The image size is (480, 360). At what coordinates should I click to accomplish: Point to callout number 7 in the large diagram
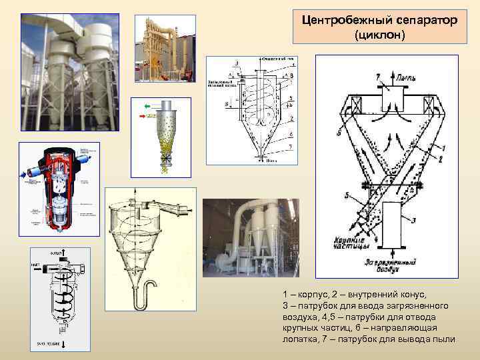point(377,79)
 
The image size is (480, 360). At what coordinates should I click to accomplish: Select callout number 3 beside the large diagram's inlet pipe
point(413,220)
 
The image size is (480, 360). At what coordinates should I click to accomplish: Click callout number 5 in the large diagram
point(347,195)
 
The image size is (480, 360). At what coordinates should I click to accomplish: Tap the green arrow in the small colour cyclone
point(147,105)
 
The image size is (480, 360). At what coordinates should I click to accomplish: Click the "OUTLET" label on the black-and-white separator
point(55,253)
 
